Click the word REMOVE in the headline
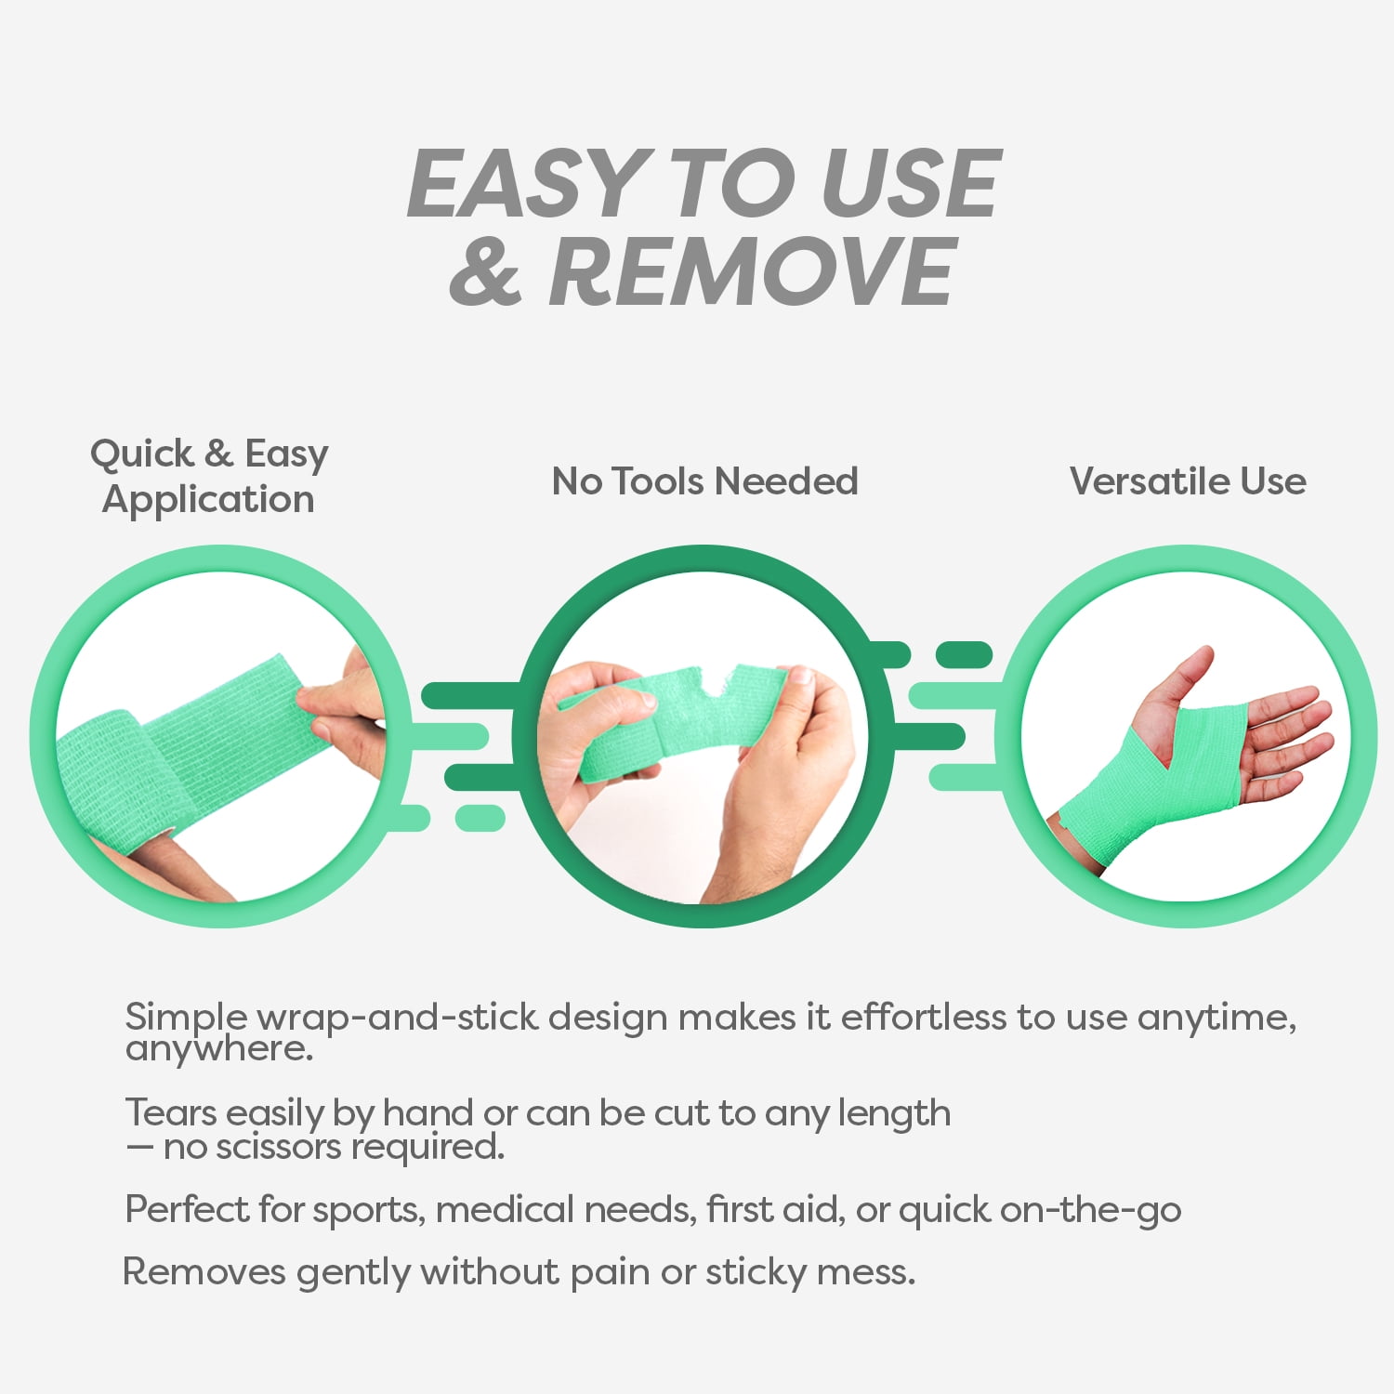tap(753, 271)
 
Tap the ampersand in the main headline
tap(485, 271)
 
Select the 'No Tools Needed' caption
tap(704, 481)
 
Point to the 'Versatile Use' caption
tap(1188, 481)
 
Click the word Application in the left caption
tap(209, 500)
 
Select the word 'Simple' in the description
tap(187, 1018)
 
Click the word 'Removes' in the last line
tap(204, 1272)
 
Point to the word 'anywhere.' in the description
tap(219, 1049)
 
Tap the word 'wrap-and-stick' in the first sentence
tap(397, 1019)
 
